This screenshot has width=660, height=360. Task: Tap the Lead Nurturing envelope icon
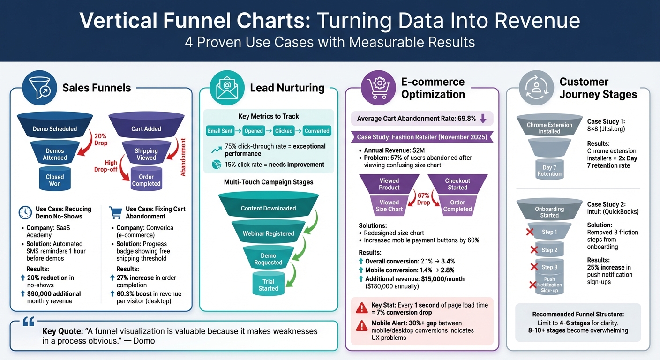pyautogui.click(x=227, y=88)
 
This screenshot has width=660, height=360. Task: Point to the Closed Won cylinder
pyautogui.click(x=55, y=180)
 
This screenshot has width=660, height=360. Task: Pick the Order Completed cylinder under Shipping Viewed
pyautogui.click(x=146, y=180)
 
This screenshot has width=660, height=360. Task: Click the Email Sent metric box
pyautogui.click(x=220, y=131)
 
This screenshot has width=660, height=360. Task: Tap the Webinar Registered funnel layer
pyautogui.click(x=268, y=233)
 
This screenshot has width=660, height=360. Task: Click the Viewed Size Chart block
pyautogui.click(x=389, y=205)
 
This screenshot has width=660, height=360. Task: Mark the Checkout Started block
pyautogui.click(x=457, y=184)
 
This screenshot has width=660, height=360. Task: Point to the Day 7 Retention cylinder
pyautogui.click(x=549, y=170)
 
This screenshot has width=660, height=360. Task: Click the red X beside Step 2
pyautogui.click(x=533, y=250)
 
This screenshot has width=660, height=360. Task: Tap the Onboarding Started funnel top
pyautogui.click(x=549, y=210)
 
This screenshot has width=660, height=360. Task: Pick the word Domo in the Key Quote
pyautogui.click(x=143, y=341)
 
